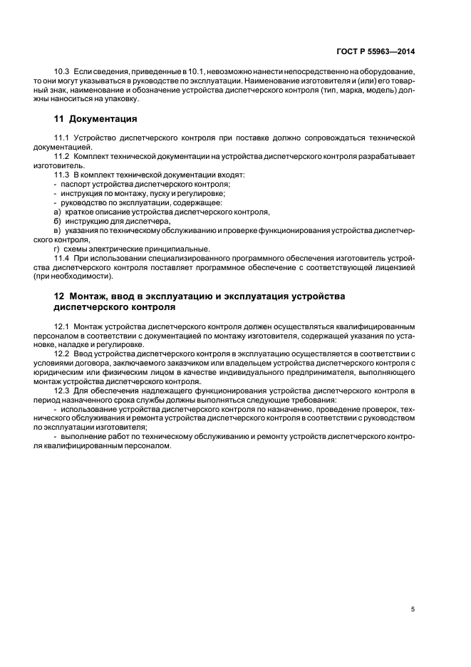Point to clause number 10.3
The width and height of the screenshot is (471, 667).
click(x=61, y=72)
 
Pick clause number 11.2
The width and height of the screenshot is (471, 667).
click(x=61, y=155)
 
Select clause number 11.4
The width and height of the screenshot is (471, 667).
click(x=61, y=257)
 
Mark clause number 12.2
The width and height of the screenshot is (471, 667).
click(x=61, y=353)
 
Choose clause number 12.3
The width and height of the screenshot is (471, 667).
click(x=61, y=391)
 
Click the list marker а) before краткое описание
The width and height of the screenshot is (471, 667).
click(x=57, y=211)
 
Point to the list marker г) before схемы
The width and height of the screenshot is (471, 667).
click(x=57, y=248)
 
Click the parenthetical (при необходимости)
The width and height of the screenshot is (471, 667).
click(x=83, y=276)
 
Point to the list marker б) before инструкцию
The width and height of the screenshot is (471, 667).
click(x=57, y=220)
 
